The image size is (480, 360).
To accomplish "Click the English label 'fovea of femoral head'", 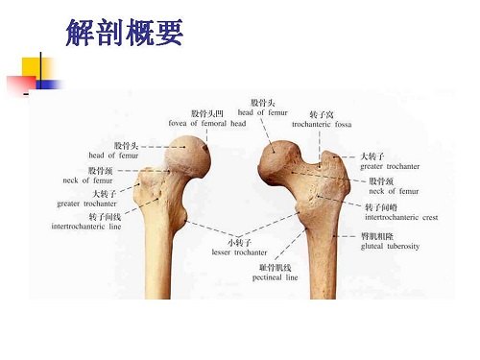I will [207, 124].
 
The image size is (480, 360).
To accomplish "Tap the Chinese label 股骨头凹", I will [207, 113].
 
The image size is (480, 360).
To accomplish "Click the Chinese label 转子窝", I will [322, 113].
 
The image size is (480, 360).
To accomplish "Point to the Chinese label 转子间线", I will [102, 217].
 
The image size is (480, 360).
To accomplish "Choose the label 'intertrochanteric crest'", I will [401, 217].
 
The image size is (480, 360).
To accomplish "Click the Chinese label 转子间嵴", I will [380, 205].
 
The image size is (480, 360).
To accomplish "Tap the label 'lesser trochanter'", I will [240, 252].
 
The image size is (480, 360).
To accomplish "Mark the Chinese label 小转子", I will [240, 242].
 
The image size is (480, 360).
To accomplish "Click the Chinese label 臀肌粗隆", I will [375, 235].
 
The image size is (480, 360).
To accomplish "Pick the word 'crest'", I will [428, 217].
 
